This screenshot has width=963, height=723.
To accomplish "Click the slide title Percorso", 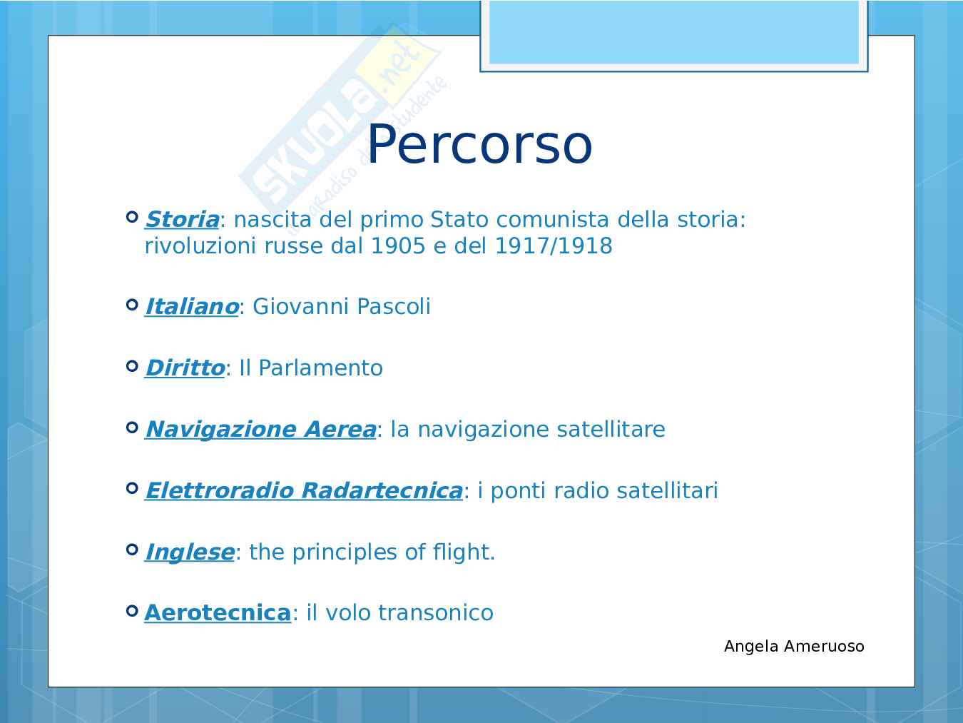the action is click(479, 144).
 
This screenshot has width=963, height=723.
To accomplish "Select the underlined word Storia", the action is click(182, 220).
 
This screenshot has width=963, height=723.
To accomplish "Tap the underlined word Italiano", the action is click(192, 306).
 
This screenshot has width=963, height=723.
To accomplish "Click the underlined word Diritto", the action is click(185, 368).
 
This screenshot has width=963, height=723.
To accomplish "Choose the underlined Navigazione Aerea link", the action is click(261, 430).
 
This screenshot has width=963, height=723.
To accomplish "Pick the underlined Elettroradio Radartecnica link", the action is click(304, 490).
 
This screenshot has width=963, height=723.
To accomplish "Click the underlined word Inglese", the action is click(190, 552).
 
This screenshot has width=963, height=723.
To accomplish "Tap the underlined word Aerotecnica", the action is click(218, 613).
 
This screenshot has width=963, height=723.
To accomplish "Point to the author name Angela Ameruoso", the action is click(794, 646).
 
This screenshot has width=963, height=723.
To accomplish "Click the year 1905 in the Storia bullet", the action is click(398, 246).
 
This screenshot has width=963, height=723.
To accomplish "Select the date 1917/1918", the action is click(554, 246).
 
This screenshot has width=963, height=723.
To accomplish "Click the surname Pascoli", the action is click(394, 306).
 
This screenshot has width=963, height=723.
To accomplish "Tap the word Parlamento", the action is click(321, 368).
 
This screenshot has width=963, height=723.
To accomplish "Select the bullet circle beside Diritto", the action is click(132, 365).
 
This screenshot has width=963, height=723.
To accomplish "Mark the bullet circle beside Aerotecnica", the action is click(132, 611).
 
